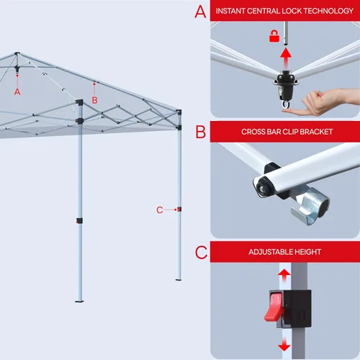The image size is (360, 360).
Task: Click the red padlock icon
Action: [x=274, y=36]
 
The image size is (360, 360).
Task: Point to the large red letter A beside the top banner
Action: [x=200, y=12]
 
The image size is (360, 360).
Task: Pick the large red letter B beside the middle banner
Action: [x=201, y=132]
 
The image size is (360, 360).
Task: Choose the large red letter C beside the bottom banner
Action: [x=201, y=252]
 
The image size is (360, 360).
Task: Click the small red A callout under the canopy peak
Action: [x=17, y=91]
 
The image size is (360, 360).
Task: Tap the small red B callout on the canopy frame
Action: [x=95, y=100]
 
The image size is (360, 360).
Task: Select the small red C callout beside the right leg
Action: [x=160, y=210]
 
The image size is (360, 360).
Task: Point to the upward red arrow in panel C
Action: [x=284, y=276]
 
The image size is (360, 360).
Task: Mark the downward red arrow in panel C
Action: [x=284, y=344]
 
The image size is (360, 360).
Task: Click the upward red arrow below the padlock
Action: [x=286, y=58]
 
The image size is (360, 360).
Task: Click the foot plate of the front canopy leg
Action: [x=79, y=301]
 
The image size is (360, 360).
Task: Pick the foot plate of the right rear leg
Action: [x=179, y=279]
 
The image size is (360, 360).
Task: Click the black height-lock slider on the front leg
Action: [x=79, y=220]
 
